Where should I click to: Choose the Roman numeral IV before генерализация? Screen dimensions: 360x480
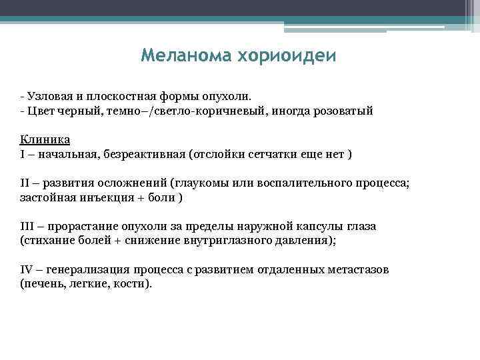[27, 270]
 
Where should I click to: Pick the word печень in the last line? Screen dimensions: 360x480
[42, 284]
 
